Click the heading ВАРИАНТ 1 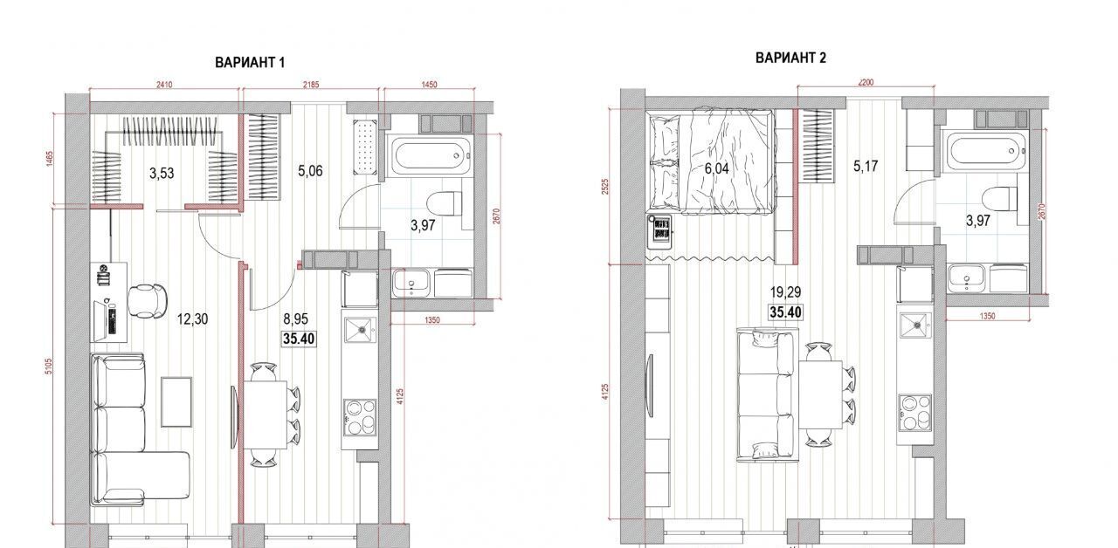(x=250, y=62)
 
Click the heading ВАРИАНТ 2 (x=790, y=58)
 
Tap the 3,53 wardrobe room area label (x=162, y=174)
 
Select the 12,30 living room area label (x=193, y=319)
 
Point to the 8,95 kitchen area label (x=296, y=319)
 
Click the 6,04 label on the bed (x=717, y=168)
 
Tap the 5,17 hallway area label (x=866, y=166)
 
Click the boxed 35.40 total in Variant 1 (x=299, y=339)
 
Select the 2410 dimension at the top (x=164, y=85)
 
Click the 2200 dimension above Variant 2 (x=866, y=82)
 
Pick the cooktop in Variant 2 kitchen (x=914, y=413)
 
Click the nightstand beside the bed (x=659, y=231)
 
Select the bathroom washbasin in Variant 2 (x=966, y=278)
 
